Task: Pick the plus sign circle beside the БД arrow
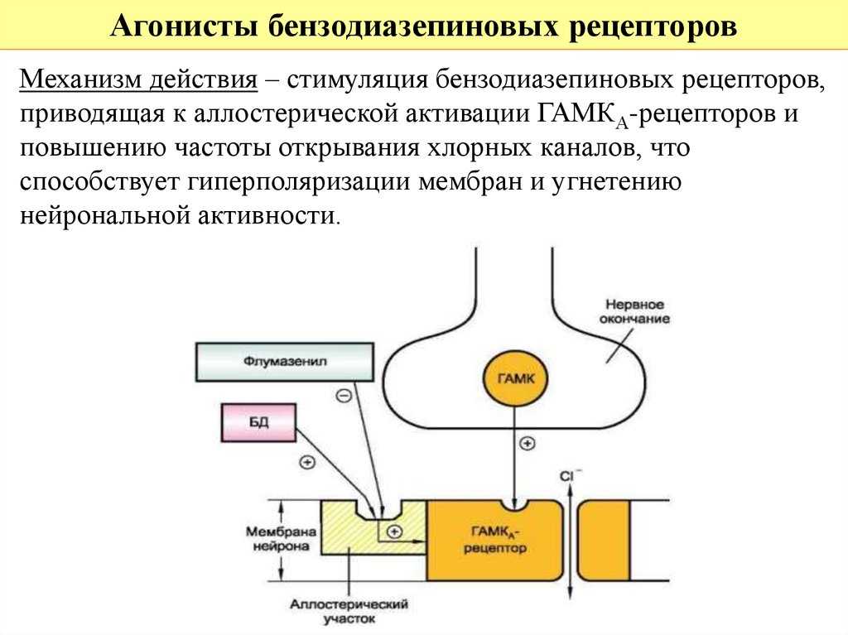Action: pos(307,463)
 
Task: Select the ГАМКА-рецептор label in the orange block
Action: pos(495,540)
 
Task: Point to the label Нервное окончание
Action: pos(634,312)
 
